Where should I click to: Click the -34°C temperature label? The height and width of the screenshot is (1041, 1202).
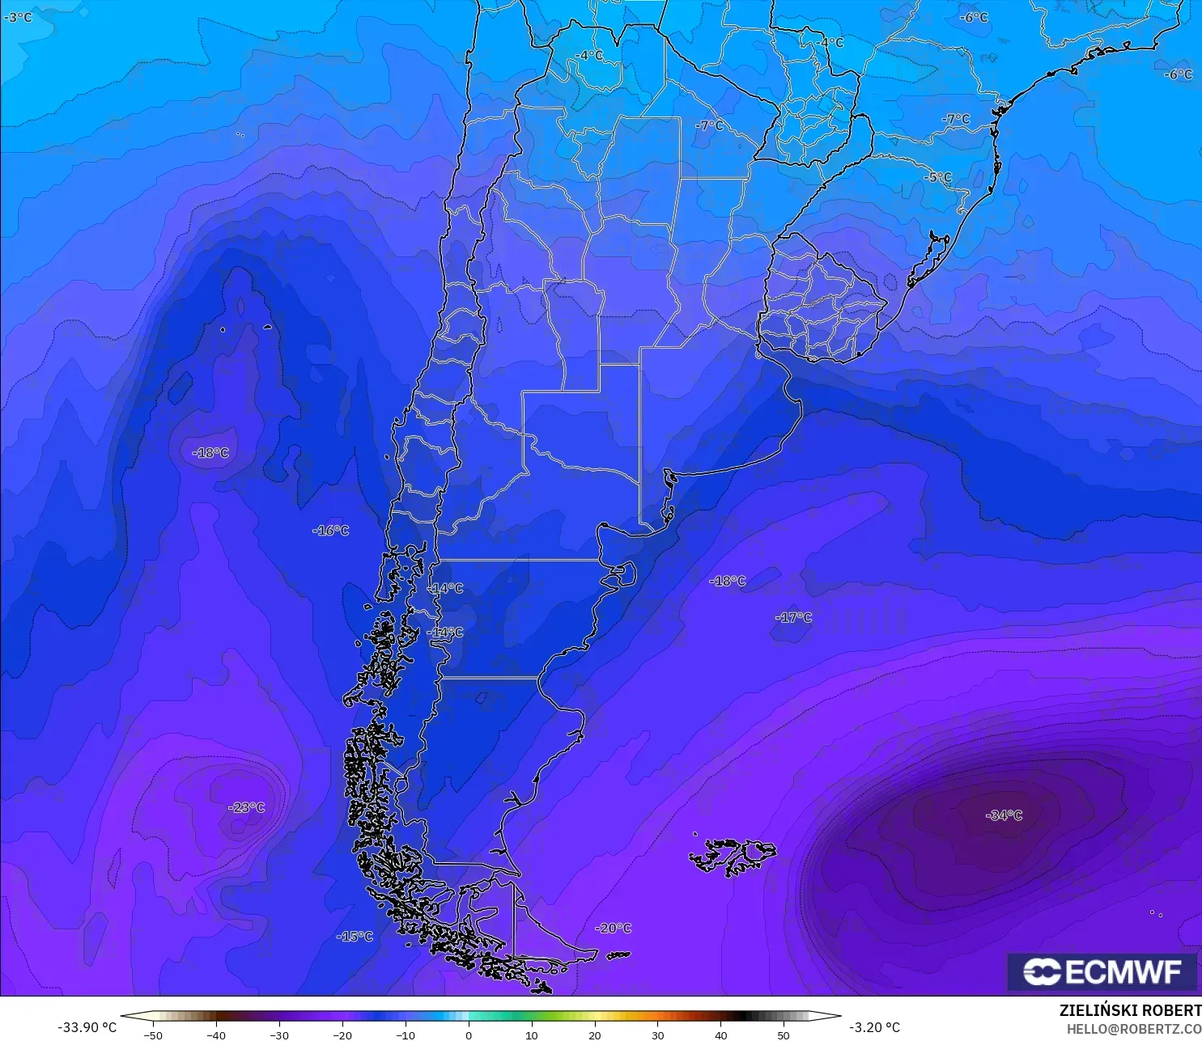pyautogui.click(x=1004, y=815)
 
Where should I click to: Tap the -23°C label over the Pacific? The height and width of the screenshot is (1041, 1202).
pyautogui.click(x=247, y=807)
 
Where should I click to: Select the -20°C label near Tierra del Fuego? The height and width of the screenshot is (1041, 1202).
pyautogui.click(x=613, y=928)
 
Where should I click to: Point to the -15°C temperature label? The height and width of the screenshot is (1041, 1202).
pyautogui.click(x=355, y=936)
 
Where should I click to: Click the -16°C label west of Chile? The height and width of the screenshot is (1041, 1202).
pyautogui.click(x=330, y=531)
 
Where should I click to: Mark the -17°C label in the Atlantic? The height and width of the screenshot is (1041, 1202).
pyautogui.click(x=793, y=617)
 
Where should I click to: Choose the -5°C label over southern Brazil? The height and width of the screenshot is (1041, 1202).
pyautogui.click(x=938, y=177)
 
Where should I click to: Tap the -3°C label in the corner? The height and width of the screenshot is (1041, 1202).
pyautogui.click(x=18, y=17)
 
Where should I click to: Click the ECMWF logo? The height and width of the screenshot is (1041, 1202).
pyautogui.click(x=1102, y=971)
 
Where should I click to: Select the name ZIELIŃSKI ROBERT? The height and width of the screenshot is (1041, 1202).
pyautogui.click(x=1130, y=1010)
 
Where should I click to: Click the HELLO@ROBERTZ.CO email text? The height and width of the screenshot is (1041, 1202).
pyautogui.click(x=1133, y=1029)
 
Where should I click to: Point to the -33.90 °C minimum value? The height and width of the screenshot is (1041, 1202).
pyautogui.click(x=87, y=1027)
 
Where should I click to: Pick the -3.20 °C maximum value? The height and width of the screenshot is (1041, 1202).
pyautogui.click(x=874, y=1027)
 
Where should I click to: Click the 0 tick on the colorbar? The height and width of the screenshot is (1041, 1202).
pyautogui.click(x=469, y=1035)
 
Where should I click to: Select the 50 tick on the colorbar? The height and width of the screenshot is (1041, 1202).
pyautogui.click(x=784, y=1035)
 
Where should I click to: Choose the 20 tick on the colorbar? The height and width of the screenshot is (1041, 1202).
pyautogui.click(x=595, y=1035)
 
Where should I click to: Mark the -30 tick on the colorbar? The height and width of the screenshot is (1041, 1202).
pyautogui.click(x=278, y=1035)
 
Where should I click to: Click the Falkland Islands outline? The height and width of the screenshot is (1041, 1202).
pyautogui.click(x=733, y=856)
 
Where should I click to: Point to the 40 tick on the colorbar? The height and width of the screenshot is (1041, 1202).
pyautogui.click(x=720, y=1035)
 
